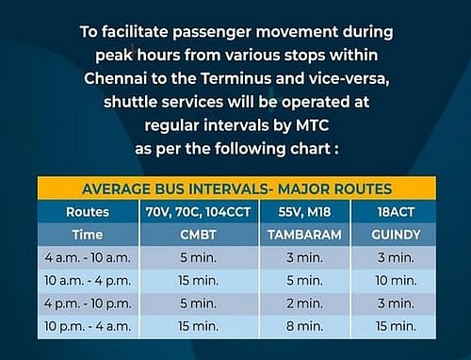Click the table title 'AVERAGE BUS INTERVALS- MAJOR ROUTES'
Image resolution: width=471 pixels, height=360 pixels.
(x=235, y=187)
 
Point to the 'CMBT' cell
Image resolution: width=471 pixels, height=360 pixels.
(x=199, y=234)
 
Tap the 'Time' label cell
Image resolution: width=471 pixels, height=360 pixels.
(x=89, y=234)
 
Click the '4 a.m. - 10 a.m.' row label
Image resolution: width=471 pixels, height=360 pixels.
(x=89, y=256)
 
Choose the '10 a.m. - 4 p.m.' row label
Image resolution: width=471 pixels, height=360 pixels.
(x=89, y=280)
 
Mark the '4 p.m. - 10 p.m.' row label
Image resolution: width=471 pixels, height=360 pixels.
(x=89, y=303)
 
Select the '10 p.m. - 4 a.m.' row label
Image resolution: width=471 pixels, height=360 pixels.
(x=89, y=326)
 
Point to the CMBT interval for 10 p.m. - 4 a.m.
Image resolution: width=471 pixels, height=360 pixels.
(x=199, y=326)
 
